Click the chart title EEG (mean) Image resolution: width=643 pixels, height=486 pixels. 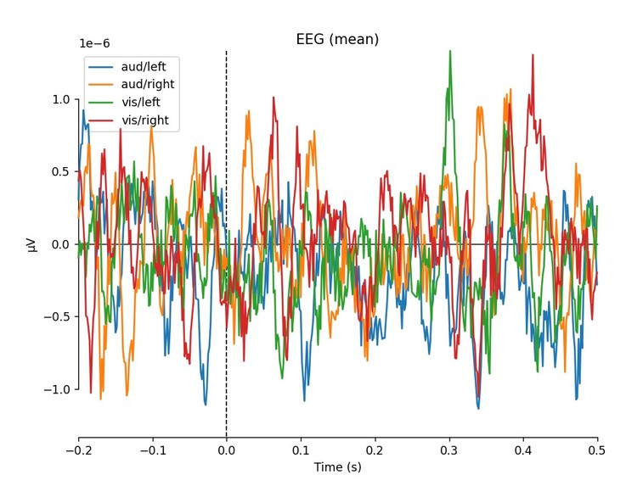coord(337,40)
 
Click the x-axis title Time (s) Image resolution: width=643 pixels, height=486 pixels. coord(337,467)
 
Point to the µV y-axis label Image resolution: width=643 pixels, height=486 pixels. coord(32,244)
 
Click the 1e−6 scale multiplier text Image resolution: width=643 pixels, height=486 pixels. coord(94,43)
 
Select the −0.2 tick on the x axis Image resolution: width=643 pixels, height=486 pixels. coord(78,450)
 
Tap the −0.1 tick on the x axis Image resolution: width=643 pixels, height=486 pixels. coord(152,450)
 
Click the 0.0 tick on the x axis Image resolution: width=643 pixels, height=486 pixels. coord(226,450)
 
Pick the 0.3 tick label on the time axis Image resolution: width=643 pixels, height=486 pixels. coord(448,450)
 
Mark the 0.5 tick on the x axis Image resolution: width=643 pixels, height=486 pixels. coord(597,450)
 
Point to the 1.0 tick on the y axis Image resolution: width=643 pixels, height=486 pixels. coord(59,99)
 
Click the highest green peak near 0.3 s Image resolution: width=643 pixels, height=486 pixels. coord(449,52)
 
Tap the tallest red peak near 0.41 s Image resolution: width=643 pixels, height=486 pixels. coord(533,55)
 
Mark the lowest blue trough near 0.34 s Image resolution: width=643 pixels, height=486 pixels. coord(478,408)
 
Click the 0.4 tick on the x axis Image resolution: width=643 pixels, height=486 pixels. coord(523,450)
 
